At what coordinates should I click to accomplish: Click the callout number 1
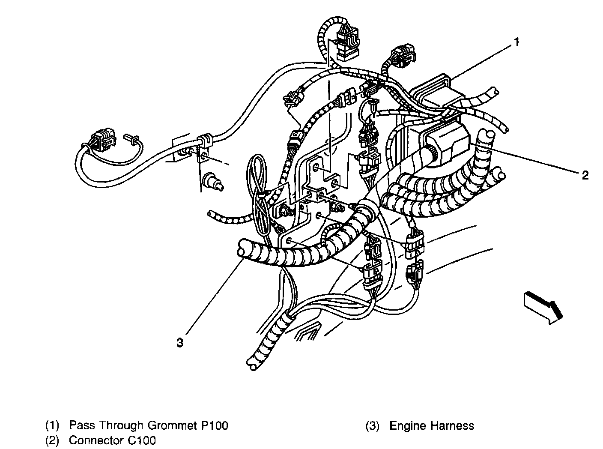point(517,42)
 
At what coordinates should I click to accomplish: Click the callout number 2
point(585,175)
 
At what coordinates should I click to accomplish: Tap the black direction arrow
point(543,305)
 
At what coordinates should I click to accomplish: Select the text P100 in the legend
point(214,425)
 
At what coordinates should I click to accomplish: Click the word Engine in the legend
point(407,426)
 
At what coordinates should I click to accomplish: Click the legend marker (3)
point(372,426)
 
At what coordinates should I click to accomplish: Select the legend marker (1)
point(53,425)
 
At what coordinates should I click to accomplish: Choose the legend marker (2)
point(53,440)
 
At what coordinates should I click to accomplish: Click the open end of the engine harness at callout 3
point(243,249)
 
